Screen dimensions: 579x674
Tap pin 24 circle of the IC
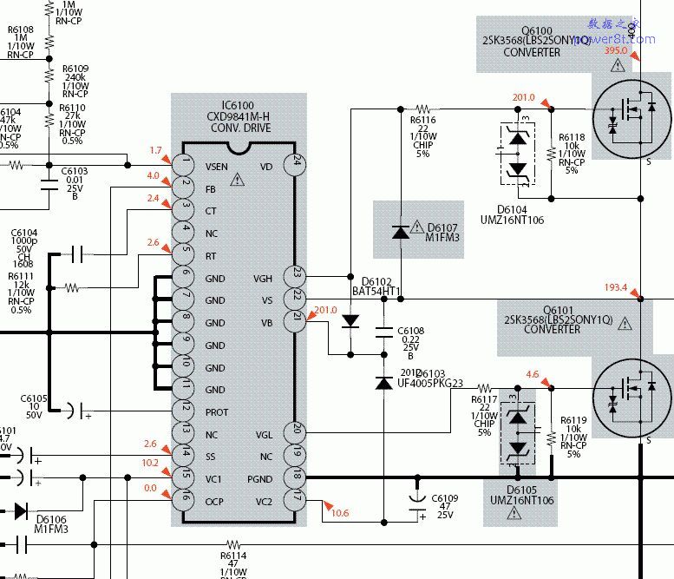point(297,161)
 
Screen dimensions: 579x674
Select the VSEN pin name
point(217,167)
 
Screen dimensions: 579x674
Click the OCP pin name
point(214,501)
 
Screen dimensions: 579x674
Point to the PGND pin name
point(259,479)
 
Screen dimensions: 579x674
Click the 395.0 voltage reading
point(617,52)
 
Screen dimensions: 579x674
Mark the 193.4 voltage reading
point(616,287)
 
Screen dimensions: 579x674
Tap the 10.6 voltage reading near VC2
point(339,513)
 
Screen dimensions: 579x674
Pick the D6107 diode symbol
point(400,232)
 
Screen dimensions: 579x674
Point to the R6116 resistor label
point(423,121)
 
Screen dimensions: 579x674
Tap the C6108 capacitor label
point(410,331)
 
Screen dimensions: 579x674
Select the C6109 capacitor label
point(446,499)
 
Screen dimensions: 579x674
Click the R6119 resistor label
point(573,420)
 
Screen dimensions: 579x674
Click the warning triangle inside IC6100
point(238,181)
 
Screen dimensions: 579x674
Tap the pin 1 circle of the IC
point(183,162)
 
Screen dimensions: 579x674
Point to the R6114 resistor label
point(233,555)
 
